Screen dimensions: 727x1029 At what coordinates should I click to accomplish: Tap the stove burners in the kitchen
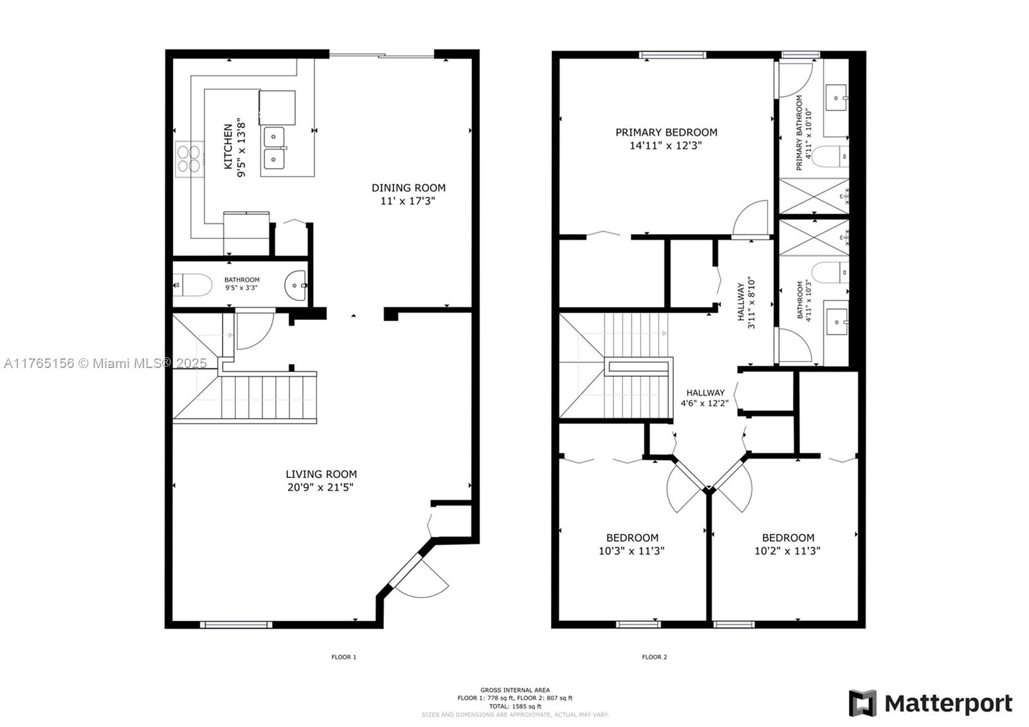(187, 159)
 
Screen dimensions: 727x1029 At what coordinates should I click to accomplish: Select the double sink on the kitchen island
(274, 148)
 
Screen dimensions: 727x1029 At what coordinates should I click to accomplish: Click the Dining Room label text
(408, 188)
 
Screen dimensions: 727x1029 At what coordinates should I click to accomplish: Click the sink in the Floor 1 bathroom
(296, 284)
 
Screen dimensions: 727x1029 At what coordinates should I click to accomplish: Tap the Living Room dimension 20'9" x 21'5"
(320, 488)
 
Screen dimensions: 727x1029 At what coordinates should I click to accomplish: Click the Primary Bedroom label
(666, 133)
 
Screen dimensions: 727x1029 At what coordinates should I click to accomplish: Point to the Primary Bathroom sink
(836, 98)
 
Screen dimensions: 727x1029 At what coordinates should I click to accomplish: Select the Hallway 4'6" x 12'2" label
(705, 398)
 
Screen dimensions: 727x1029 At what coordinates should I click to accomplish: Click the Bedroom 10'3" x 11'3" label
(632, 544)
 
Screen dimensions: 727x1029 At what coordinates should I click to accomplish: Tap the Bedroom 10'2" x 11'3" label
(788, 544)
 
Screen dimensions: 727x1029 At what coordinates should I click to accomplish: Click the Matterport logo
(930, 703)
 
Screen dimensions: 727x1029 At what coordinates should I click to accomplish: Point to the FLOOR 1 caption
(343, 657)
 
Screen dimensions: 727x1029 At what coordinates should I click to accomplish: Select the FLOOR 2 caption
(654, 657)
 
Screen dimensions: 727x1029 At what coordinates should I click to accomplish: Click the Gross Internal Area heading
(514, 690)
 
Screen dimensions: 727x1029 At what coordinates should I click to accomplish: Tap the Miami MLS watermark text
(105, 363)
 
